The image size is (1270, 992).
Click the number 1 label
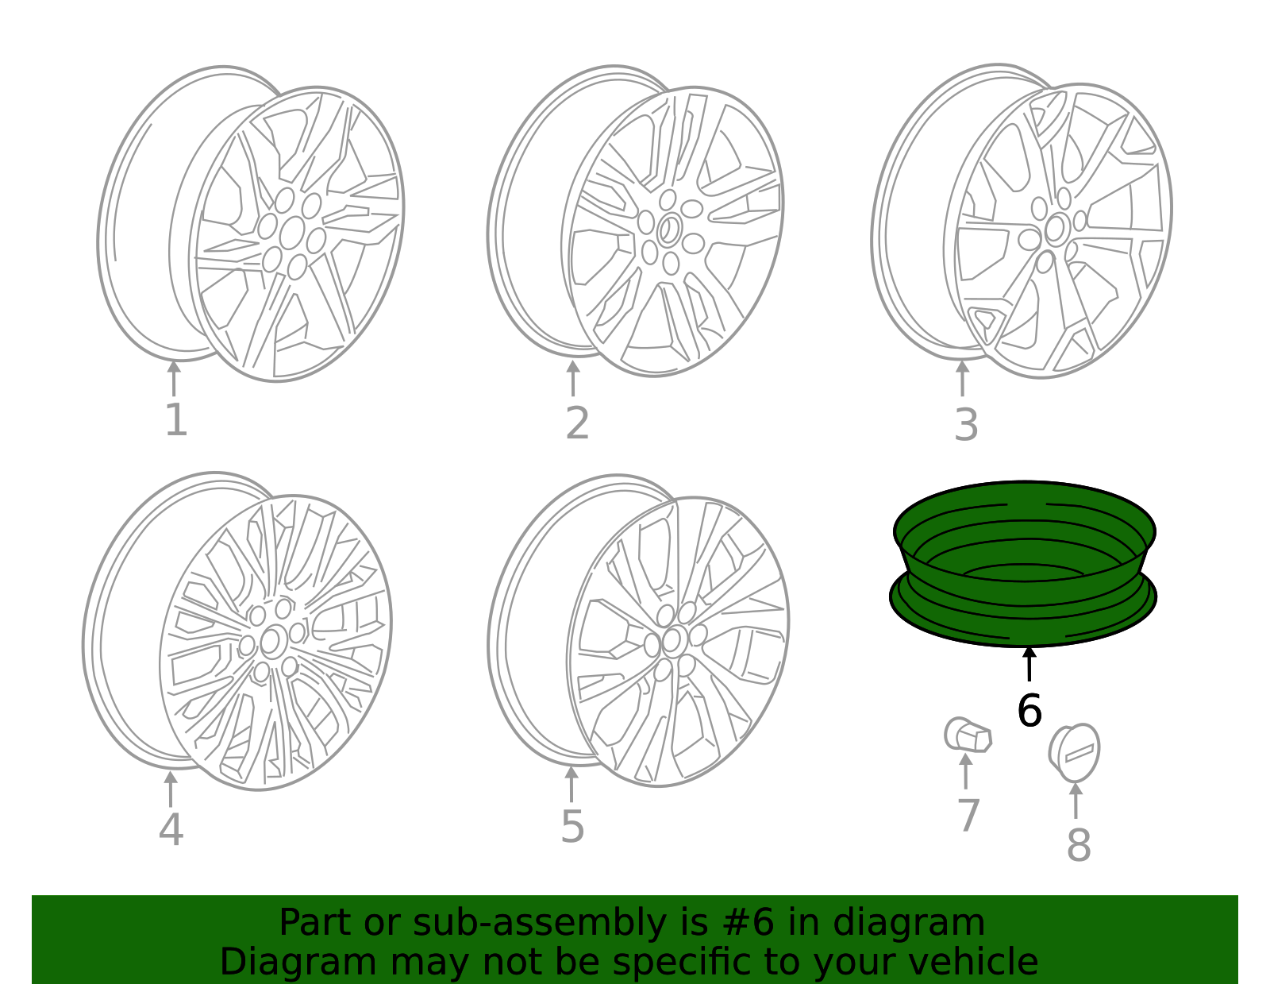coord(175,420)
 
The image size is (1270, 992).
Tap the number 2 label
coord(577,423)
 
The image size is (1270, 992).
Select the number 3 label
coord(965,425)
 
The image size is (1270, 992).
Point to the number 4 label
coord(171,829)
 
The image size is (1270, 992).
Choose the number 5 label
coord(572,827)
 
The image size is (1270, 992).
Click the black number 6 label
coord(1029,710)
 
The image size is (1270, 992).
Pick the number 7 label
coord(968,816)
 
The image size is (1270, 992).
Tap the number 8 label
coord(1078,844)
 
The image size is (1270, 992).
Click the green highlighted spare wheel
coord(1024,564)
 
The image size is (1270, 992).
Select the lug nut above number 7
coord(968,735)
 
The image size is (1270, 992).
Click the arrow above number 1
coord(174,378)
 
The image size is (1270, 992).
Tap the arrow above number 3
coord(962,378)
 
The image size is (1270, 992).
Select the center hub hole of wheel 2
coord(669,230)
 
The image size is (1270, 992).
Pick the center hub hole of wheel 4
coord(271,641)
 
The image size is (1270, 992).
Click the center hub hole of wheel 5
coord(672,640)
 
